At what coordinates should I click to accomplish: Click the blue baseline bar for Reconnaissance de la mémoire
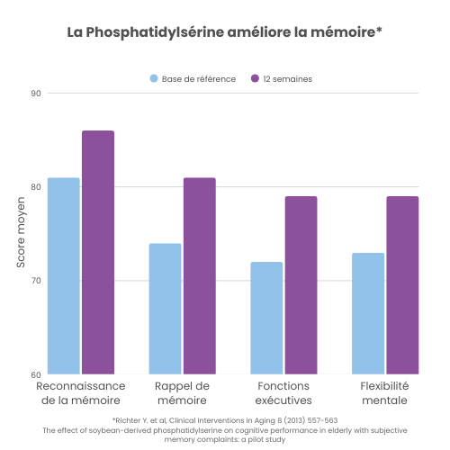pos(64,275)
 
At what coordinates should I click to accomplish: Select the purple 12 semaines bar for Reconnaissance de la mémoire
pos(98,252)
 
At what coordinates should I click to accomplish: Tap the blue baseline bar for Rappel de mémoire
pos(165,309)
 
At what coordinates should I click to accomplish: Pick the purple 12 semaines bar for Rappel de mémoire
pos(199,275)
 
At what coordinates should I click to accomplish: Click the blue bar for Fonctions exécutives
pos(266,318)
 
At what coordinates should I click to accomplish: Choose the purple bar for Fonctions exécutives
pos(301,285)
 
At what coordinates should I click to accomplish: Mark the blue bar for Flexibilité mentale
pos(368,313)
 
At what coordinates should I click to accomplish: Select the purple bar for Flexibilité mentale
pos(402,285)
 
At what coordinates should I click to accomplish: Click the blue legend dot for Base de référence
pos(154,79)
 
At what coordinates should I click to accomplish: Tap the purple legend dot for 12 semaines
pos(256,79)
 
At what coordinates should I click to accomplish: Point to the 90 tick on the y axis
pos(36,93)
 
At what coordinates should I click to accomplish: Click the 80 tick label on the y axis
pos(36,187)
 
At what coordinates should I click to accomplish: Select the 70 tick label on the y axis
pos(36,281)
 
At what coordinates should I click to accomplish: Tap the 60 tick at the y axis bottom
pos(36,374)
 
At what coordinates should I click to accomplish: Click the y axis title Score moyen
pos(21,234)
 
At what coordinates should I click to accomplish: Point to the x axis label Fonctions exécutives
pos(283,392)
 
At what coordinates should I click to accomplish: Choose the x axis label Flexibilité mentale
pos(385,392)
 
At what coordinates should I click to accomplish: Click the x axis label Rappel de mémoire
pos(182,392)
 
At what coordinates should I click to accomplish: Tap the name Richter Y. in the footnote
pos(132,420)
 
